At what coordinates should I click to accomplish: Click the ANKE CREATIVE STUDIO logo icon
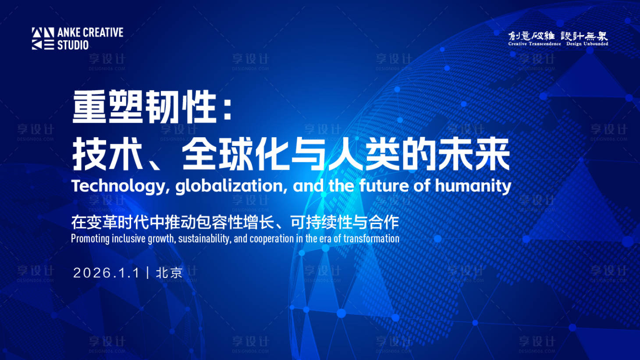(43, 39)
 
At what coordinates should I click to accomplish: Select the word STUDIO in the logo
(73, 45)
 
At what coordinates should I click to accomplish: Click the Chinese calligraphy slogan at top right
(558, 36)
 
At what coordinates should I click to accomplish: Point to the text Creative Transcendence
(534, 44)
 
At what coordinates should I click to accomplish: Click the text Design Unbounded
(587, 44)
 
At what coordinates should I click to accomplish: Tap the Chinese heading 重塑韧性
(145, 107)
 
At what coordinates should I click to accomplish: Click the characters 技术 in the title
(107, 154)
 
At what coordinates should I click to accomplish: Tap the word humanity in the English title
(473, 186)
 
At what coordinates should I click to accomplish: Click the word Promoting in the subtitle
(90, 239)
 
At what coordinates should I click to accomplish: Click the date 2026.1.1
(106, 273)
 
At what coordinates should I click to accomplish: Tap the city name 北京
(169, 273)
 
